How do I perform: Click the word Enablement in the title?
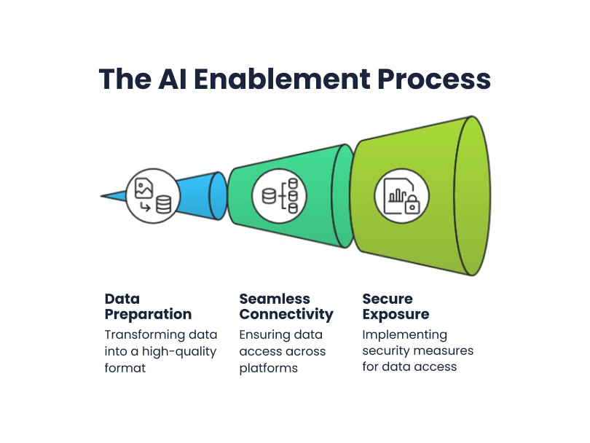point(282,79)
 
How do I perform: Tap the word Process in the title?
point(434,79)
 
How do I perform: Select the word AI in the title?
point(173,79)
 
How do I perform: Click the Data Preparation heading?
point(148,306)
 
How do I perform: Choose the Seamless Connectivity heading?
point(286,306)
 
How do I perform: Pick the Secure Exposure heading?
point(396,306)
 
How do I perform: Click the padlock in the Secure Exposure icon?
point(412,204)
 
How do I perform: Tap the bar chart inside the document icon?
point(398,195)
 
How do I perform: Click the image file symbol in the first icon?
point(143,188)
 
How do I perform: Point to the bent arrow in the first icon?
point(145,207)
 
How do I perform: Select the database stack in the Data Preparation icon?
point(164,205)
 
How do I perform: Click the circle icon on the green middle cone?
point(279,196)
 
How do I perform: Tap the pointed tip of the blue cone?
point(101,196)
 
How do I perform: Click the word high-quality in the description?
point(179,352)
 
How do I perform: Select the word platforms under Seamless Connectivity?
point(268,368)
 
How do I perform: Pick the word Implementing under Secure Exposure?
point(404,335)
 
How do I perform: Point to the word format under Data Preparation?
point(125,368)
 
